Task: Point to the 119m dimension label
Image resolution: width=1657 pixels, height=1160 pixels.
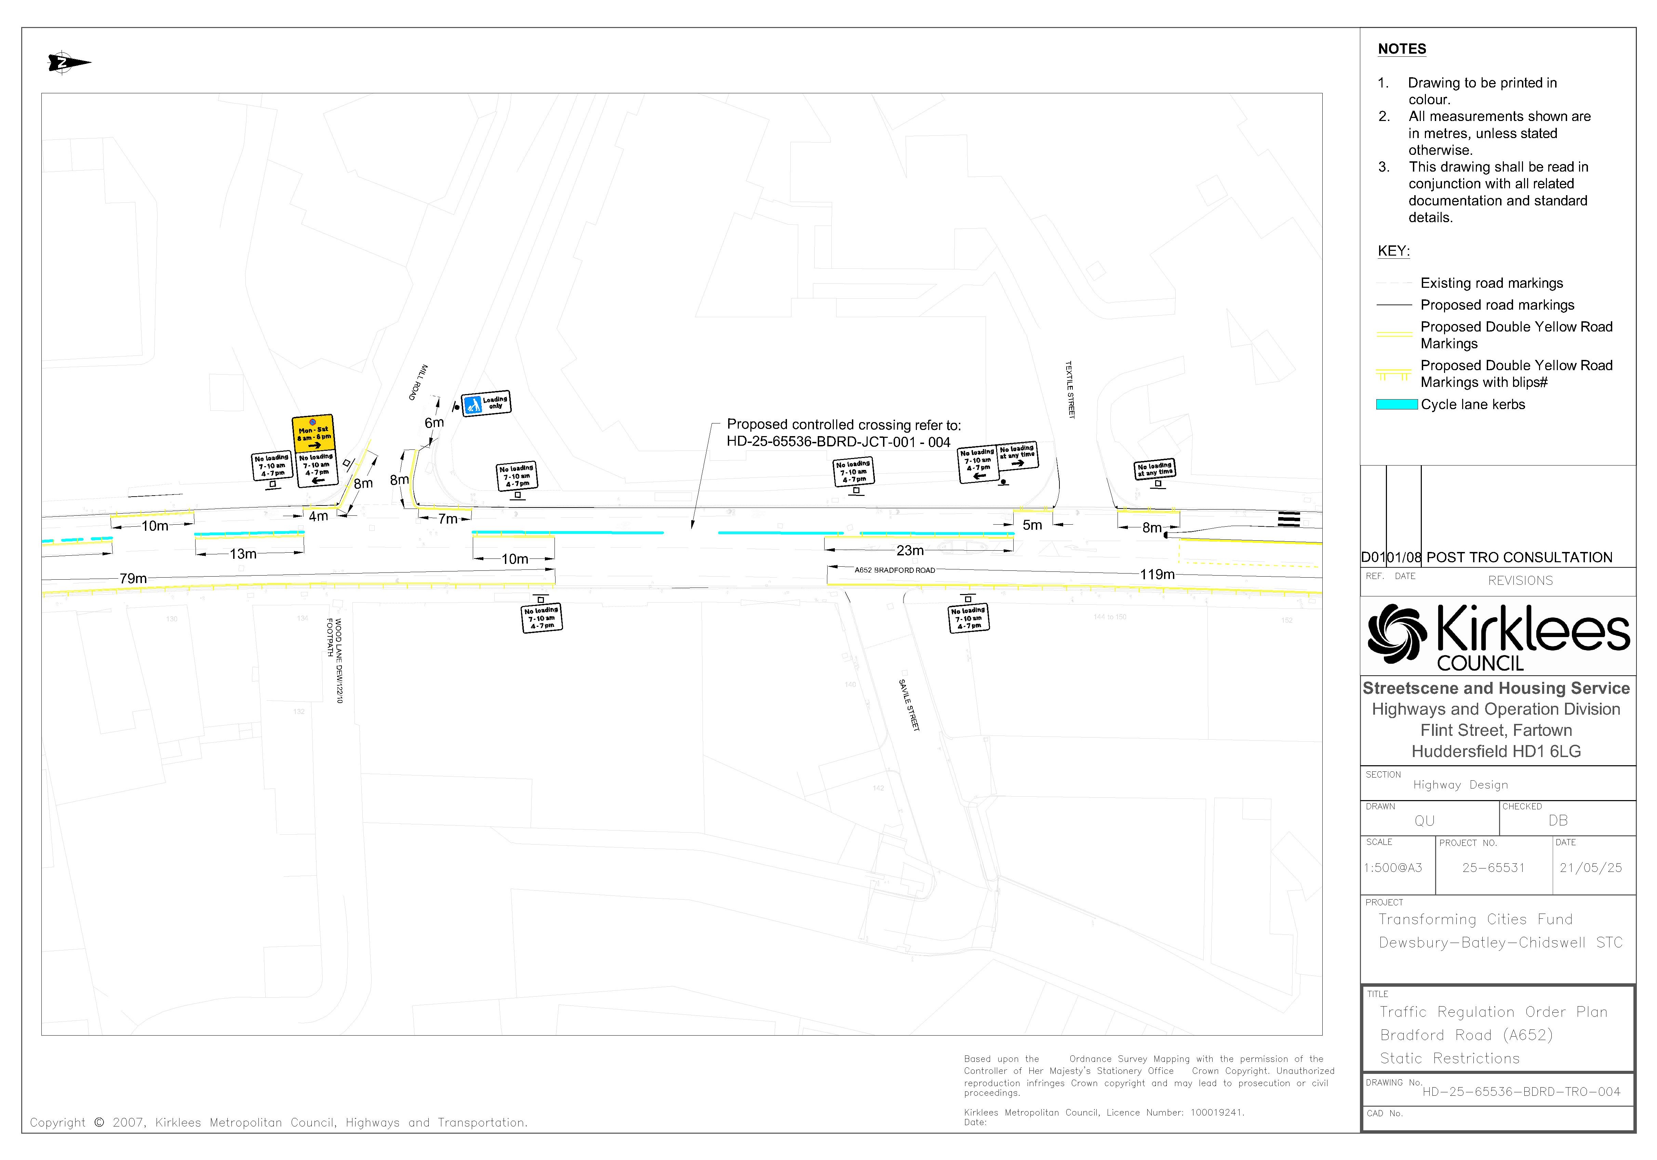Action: point(1157,574)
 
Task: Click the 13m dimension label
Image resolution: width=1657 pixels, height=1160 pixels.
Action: point(243,554)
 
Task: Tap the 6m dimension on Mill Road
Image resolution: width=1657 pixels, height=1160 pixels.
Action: point(434,423)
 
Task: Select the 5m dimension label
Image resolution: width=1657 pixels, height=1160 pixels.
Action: point(1032,525)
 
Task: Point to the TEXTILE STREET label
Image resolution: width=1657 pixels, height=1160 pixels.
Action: point(1070,390)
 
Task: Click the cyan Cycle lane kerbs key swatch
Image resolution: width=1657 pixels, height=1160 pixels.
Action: point(1397,405)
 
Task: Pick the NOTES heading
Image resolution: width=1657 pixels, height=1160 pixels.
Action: point(1402,49)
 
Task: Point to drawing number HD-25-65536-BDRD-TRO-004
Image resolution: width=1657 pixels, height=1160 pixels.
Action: point(1521,1091)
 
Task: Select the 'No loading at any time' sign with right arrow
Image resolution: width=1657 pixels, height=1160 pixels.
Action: point(1018,455)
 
